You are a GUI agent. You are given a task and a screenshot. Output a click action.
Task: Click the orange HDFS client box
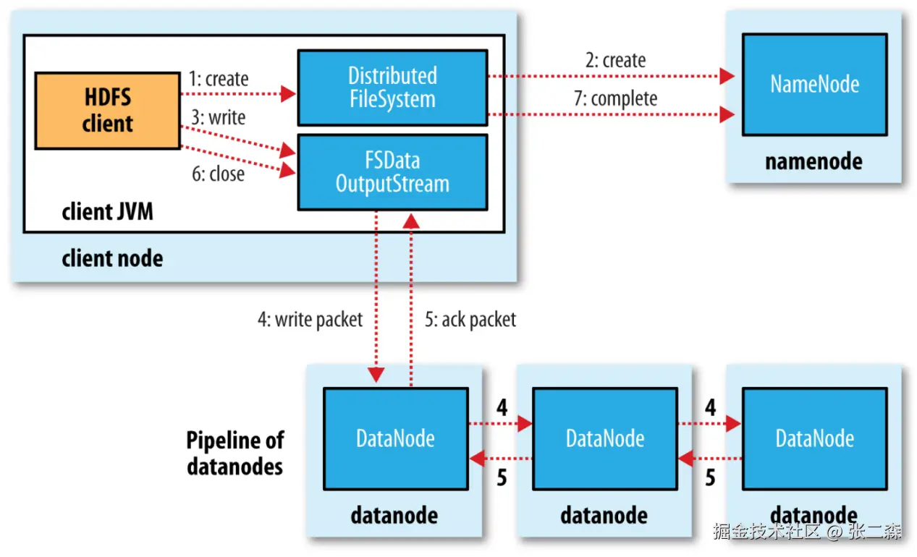108,111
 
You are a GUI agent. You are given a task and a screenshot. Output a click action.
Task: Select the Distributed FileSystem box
392,88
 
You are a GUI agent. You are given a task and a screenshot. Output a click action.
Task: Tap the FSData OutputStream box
392,172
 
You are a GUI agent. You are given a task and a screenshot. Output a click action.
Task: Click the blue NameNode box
815,85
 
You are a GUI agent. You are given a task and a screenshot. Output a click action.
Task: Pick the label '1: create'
219,79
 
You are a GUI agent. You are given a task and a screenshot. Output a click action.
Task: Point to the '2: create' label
616,60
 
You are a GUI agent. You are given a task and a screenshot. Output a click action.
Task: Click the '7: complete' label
616,98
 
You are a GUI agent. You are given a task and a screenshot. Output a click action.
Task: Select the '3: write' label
219,117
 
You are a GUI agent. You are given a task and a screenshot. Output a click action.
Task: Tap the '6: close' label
219,174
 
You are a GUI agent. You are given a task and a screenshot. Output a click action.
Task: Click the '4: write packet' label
310,320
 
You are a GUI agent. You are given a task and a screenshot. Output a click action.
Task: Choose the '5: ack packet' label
470,320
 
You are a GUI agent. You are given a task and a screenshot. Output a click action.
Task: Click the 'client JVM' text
108,212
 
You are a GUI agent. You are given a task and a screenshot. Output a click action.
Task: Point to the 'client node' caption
113,259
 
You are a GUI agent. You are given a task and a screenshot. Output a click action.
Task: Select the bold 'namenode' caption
814,161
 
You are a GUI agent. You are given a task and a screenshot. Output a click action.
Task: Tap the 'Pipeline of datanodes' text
235,454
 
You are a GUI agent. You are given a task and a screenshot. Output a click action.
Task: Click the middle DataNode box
605,438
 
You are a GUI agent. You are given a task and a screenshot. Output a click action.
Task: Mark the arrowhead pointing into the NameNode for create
727,76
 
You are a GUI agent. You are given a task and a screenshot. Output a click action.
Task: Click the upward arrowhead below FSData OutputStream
411,222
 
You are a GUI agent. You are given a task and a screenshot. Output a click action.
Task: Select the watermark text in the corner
807,531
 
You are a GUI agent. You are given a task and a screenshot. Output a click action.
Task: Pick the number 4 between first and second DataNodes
502,407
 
